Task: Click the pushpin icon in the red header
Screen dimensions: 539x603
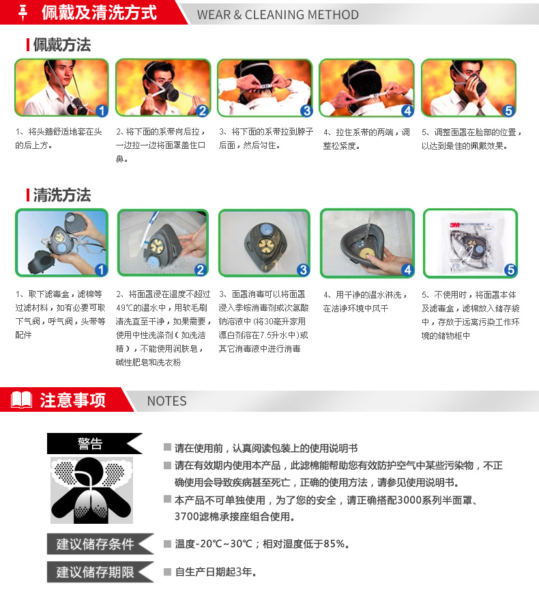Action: coord(23,12)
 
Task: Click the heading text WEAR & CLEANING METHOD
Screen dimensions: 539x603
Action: coord(278,14)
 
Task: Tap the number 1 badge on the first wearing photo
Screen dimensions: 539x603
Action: coord(101,111)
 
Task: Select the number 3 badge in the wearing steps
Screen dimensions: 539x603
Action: coord(306,111)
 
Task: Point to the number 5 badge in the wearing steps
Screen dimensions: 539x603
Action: coord(509,111)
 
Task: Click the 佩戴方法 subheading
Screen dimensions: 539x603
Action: coord(62,44)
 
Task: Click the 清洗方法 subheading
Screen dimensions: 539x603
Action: coord(62,195)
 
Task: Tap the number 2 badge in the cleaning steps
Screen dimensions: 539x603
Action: coord(200,270)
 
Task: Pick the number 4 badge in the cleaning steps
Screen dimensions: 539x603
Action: coord(407,270)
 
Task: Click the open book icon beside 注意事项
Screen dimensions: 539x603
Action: coord(22,400)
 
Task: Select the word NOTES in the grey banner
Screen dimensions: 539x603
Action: coord(166,401)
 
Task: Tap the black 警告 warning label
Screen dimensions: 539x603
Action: coord(95,443)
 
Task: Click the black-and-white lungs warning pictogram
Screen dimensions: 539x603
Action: coord(92,490)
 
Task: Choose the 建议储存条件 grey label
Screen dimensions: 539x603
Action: coord(100,544)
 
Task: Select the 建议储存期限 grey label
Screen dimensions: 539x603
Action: coord(100,572)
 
